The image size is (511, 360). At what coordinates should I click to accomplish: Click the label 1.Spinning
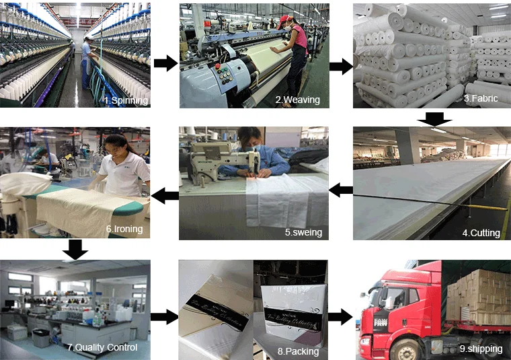coord(125,100)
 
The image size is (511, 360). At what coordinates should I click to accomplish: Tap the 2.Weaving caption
coord(297,100)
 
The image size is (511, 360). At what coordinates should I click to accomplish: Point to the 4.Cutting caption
coord(481,233)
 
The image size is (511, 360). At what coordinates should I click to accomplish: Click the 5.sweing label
coord(303,233)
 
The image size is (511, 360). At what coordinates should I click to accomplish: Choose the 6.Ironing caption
coord(124,229)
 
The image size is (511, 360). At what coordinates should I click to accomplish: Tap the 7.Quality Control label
coord(102,347)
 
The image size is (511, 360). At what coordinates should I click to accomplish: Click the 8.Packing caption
coord(298,351)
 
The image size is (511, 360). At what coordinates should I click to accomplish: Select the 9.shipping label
coord(482,348)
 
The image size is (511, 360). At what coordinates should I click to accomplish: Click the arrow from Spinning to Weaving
coord(165,63)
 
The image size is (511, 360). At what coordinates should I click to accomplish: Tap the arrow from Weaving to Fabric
coord(341,66)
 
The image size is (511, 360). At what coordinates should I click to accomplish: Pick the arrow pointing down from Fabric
coord(434,118)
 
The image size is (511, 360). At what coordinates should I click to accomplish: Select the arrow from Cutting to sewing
coord(341,190)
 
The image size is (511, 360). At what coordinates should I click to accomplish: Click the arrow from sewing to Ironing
coord(165,196)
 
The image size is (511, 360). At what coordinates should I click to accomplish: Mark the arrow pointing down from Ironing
coord(76,250)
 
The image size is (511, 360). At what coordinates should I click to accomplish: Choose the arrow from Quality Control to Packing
coord(163,316)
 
